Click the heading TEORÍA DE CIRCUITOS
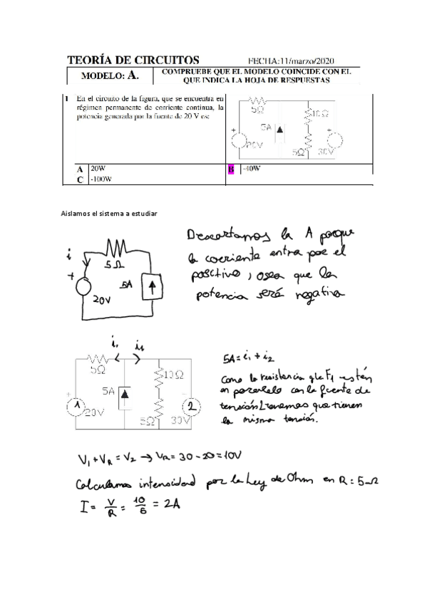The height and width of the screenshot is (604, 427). pyautogui.click(x=133, y=61)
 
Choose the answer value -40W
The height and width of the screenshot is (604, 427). pyautogui.click(x=251, y=170)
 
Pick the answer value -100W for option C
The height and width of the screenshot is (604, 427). pyautogui.click(x=101, y=179)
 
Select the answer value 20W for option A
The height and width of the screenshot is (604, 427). pyautogui.click(x=96, y=170)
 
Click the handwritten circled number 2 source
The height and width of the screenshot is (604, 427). pyautogui.click(x=192, y=405)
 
